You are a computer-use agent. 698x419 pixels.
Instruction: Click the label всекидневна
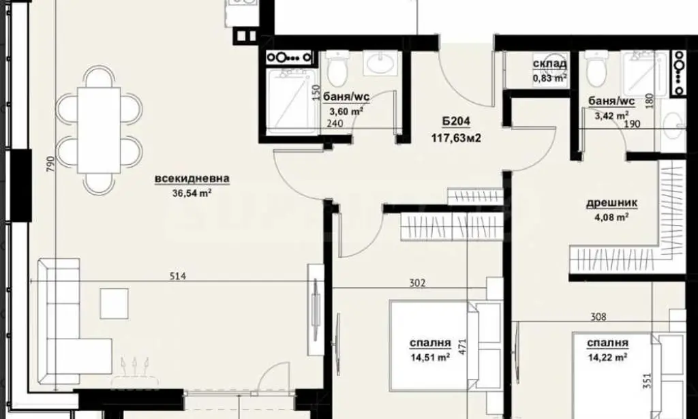click(x=192, y=179)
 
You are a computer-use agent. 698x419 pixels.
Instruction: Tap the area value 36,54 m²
click(x=192, y=193)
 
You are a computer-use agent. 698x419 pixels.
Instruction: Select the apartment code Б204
click(x=456, y=121)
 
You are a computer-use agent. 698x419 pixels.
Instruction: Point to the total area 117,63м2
click(x=456, y=138)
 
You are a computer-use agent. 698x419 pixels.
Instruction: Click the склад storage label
click(x=550, y=64)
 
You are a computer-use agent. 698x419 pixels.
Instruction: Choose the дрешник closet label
click(x=611, y=203)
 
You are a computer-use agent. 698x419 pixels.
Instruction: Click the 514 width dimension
click(x=178, y=276)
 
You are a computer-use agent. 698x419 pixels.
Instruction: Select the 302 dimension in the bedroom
click(x=417, y=283)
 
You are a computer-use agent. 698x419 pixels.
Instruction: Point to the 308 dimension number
click(x=598, y=317)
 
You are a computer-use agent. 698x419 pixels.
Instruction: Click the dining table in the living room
click(x=99, y=130)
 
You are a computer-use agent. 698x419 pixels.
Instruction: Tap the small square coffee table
click(x=114, y=304)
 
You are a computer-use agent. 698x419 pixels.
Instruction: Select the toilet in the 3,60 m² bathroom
click(x=336, y=69)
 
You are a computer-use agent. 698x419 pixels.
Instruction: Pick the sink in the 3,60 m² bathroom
click(x=380, y=63)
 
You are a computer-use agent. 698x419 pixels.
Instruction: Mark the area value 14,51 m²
click(x=429, y=357)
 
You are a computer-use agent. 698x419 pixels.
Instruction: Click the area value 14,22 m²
click(x=607, y=357)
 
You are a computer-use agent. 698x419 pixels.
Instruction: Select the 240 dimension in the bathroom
click(x=335, y=123)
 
